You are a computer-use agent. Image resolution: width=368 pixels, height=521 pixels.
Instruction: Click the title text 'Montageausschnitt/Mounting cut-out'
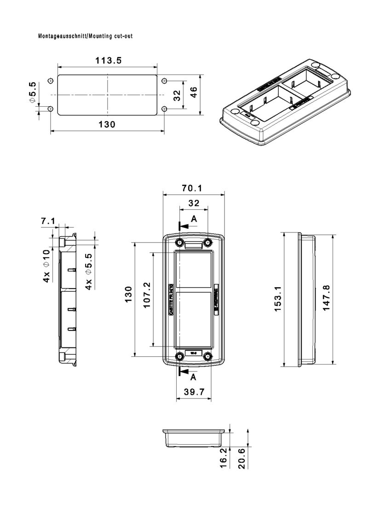pos(86,36)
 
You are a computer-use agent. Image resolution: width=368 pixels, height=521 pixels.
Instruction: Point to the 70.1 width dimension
pos(193,188)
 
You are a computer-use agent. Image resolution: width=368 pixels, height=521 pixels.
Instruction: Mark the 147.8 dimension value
pos(326,298)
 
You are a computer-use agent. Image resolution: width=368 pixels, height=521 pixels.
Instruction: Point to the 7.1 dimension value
pos(48,221)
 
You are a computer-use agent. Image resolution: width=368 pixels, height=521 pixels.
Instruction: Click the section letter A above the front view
pos(194,220)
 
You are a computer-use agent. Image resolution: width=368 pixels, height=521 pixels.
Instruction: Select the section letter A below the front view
pos(194,376)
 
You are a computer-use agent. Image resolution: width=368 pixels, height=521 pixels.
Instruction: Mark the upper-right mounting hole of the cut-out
pos(164,81)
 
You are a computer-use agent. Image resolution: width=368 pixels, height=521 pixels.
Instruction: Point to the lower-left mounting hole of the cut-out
pos(51,109)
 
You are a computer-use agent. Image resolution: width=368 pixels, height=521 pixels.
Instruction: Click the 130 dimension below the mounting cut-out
pos(107,124)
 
